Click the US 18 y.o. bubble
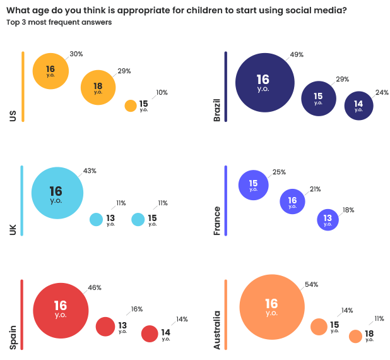[x=98, y=87]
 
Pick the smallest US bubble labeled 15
[x=131, y=106]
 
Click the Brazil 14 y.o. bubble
[x=358, y=105]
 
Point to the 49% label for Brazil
[x=297, y=55]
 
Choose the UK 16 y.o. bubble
[x=57, y=193]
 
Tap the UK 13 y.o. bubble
[x=96, y=219]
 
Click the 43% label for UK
[x=90, y=171]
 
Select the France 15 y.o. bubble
[x=252, y=185]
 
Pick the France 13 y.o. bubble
[x=328, y=219]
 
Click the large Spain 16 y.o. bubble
[x=61, y=309]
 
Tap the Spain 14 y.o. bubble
[x=150, y=333]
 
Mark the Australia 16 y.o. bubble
[x=271, y=307]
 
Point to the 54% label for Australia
[x=310, y=285]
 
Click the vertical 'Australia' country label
[x=218, y=330]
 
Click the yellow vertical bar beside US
[x=23, y=87]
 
